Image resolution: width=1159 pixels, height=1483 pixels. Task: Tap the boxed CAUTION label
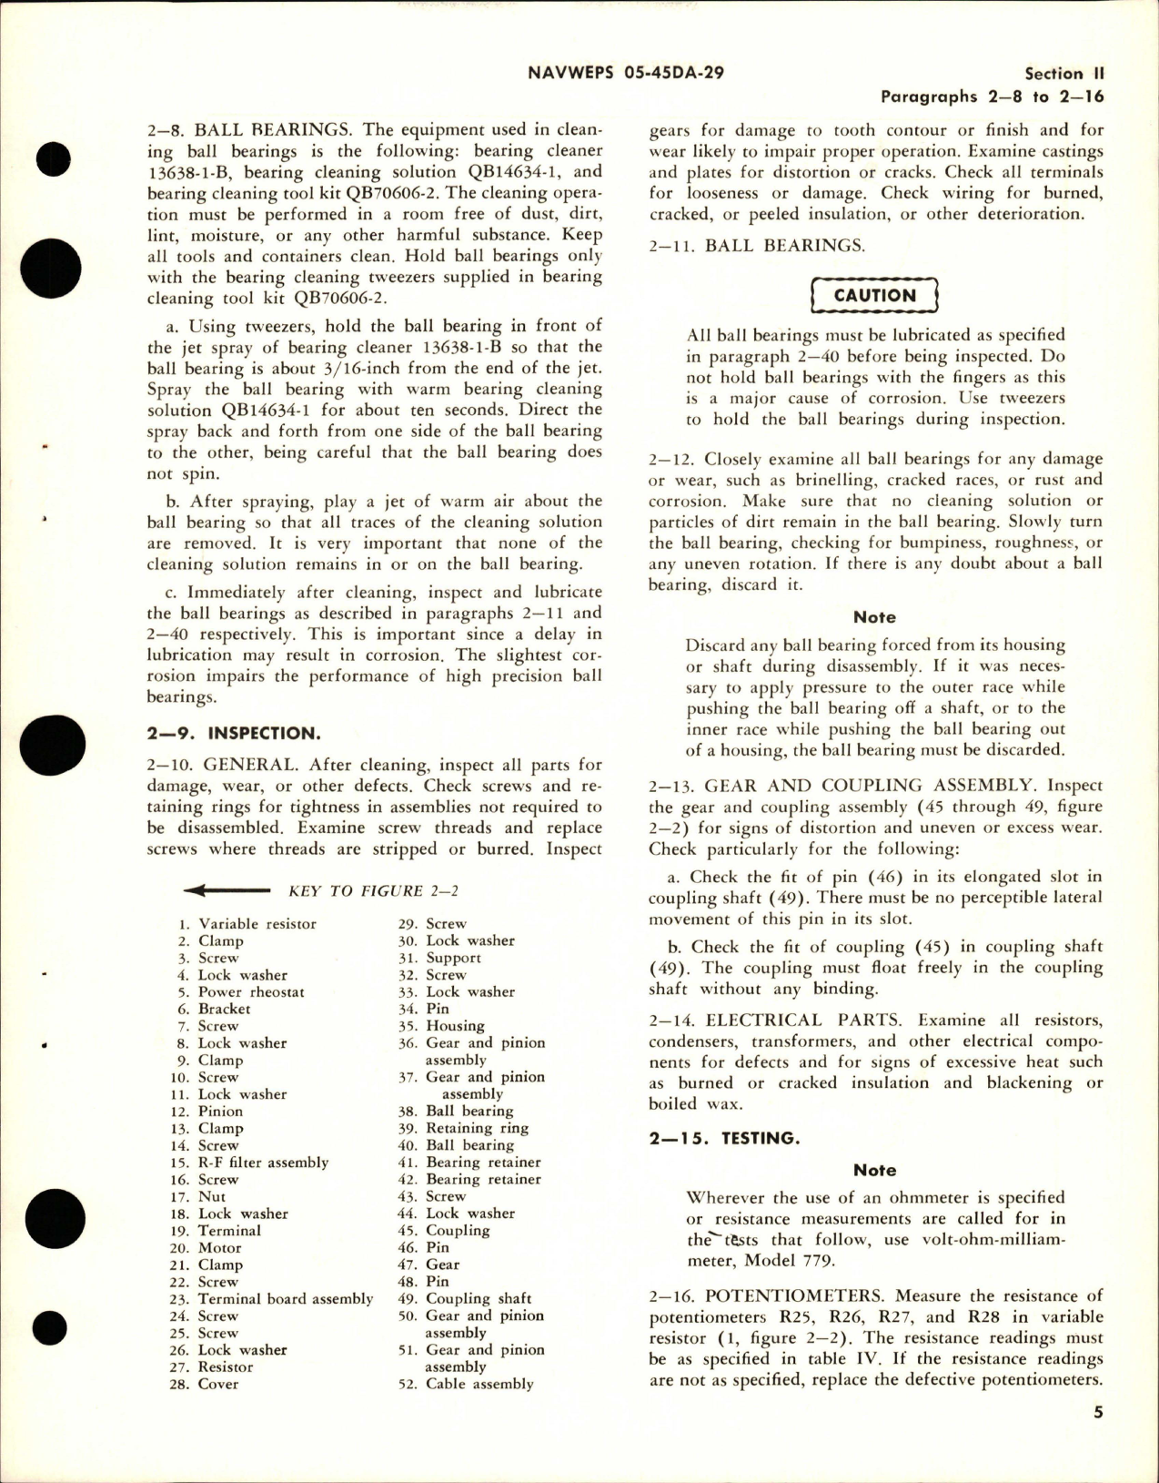click(x=874, y=295)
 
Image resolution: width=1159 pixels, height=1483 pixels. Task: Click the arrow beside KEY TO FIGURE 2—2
click(x=227, y=891)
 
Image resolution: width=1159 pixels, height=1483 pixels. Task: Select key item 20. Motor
click(x=219, y=1248)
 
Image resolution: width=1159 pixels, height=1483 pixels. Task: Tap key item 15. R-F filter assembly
click(x=262, y=1163)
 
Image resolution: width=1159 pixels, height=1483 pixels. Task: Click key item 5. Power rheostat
click(x=250, y=992)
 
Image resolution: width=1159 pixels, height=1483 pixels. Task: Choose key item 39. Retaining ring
click(x=476, y=1128)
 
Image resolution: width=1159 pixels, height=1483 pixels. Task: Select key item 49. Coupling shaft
click(x=478, y=1298)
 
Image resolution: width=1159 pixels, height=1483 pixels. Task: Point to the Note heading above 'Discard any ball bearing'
click(x=874, y=616)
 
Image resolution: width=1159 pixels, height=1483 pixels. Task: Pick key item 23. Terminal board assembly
click(x=285, y=1299)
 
